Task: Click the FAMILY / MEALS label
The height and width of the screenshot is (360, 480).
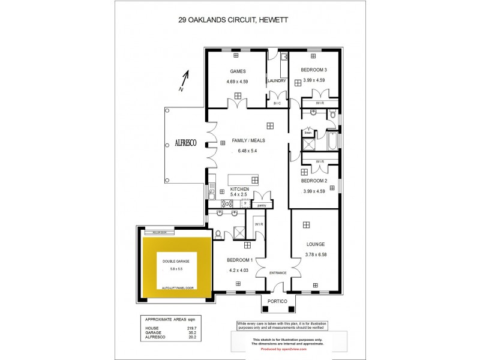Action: [x=248, y=141]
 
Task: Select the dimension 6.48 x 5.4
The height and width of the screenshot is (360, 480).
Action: [x=248, y=151]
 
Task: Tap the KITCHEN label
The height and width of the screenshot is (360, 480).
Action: [x=239, y=190]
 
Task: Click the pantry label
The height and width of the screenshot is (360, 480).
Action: [x=261, y=206]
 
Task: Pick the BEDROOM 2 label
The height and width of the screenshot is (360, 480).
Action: [x=313, y=181]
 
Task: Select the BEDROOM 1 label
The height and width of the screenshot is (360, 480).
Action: [x=239, y=260]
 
